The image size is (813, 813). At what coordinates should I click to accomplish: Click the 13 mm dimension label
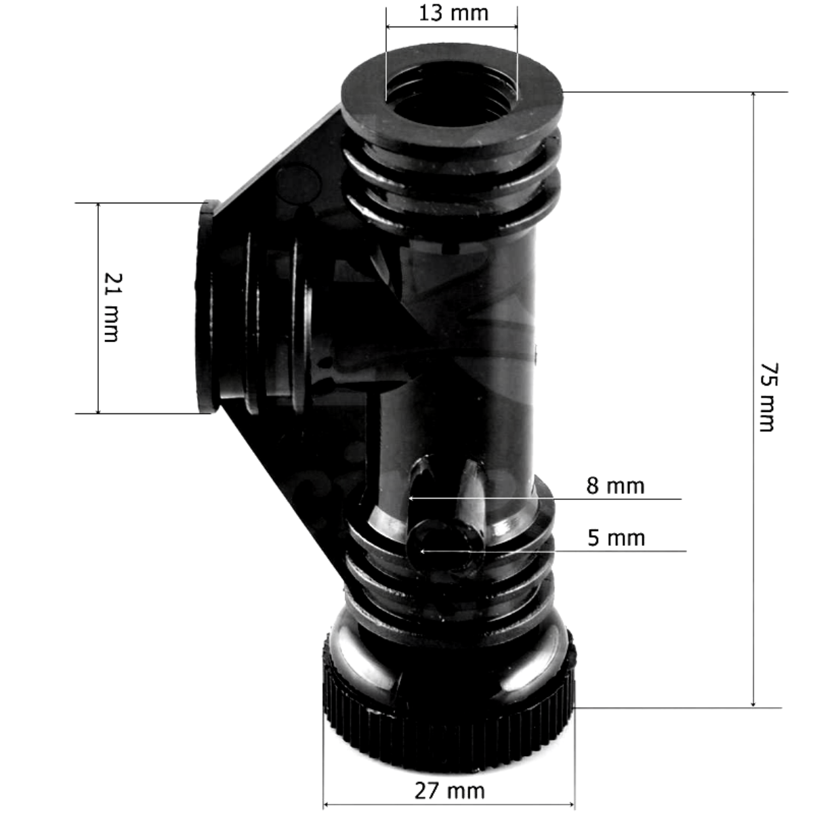(453, 13)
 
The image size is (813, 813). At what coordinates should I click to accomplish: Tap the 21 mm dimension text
(110, 307)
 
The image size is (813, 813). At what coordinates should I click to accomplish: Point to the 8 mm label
(615, 485)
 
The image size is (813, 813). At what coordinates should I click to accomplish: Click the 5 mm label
(615, 538)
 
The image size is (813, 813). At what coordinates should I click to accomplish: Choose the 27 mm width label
(449, 790)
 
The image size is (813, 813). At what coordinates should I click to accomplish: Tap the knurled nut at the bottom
(449, 732)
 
